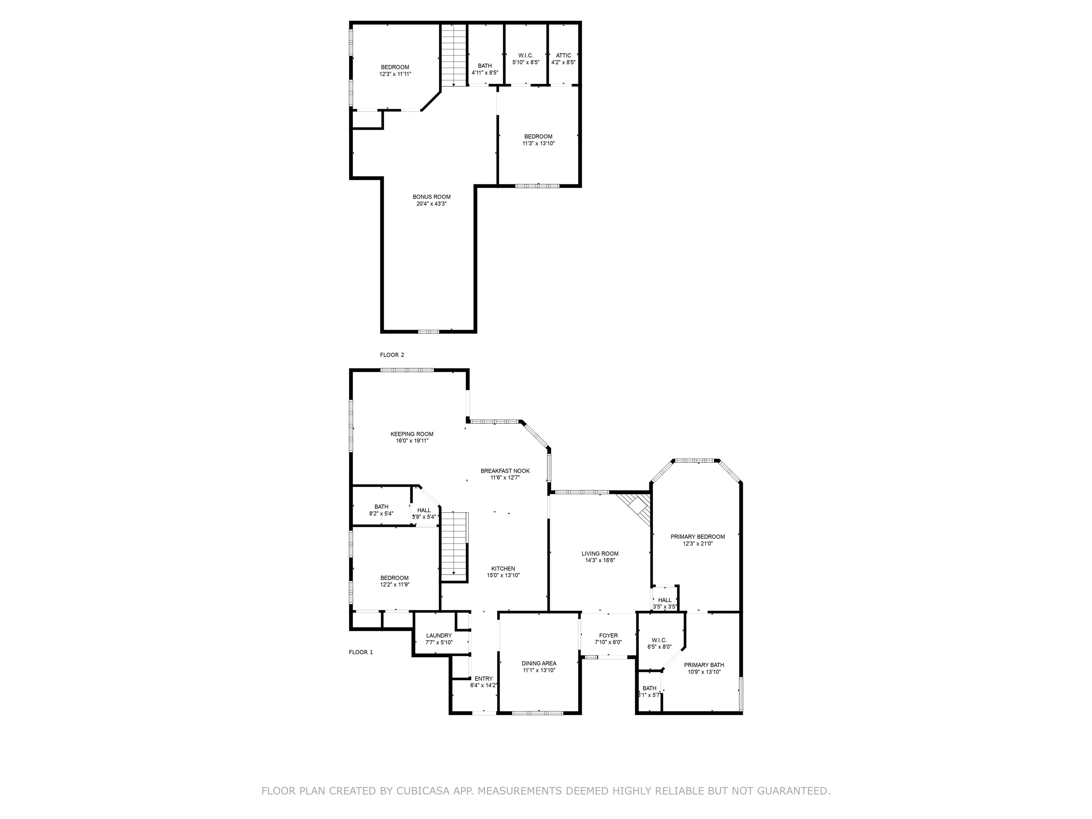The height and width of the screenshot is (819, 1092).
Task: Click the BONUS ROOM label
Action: (x=432, y=197)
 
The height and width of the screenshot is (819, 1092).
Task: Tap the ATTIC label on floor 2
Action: (x=563, y=55)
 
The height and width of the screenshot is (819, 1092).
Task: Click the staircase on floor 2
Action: (x=454, y=55)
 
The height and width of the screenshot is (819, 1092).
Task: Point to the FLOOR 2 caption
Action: (x=392, y=354)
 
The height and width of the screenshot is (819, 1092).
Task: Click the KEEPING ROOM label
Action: (x=412, y=434)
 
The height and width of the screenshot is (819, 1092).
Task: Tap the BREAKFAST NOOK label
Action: (x=505, y=471)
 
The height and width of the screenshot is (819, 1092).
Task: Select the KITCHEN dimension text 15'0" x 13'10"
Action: (x=503, y=575)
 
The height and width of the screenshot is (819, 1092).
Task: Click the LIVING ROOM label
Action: (x=600, y=553)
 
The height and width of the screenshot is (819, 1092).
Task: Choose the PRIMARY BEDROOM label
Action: (x=697, y=537)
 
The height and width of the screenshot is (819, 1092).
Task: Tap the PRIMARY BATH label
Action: (x=704, y=665)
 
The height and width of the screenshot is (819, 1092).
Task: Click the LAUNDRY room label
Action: (x=439, y=635)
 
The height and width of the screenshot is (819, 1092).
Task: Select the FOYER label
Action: (x=608, y=635)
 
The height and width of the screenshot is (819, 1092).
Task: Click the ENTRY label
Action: (x=483, y=678)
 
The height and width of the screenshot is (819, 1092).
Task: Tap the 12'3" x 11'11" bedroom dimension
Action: (x=395, y=74)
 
